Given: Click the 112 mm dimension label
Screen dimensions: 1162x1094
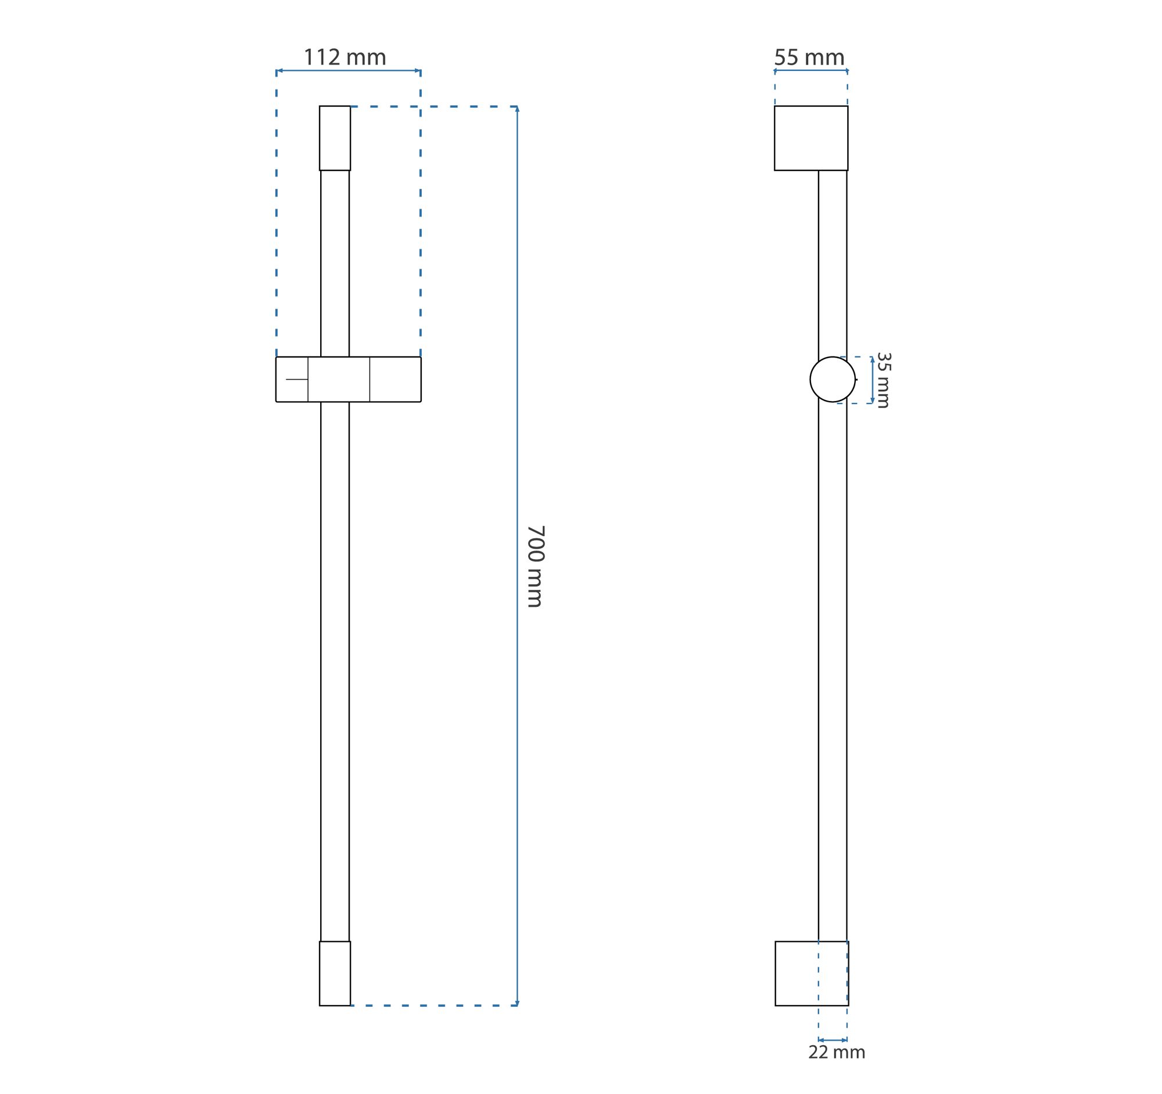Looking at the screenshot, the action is click(345, 58).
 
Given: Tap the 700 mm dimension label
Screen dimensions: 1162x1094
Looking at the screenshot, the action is click(536, 567).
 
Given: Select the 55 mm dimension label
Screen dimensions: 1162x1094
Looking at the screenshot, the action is click(809, 58).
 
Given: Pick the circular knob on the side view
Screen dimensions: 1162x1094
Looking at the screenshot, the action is click(833, 380).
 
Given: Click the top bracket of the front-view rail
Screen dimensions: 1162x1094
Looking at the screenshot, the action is click(335, 138).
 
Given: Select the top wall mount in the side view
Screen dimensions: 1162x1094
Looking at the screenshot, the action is click(811, 138).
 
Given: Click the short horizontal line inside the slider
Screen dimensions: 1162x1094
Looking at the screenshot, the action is click(297, 380).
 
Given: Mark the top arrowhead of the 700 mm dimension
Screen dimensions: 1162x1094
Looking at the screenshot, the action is click(517, 109).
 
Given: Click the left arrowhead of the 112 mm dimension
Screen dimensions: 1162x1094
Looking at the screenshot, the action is click(279, 71).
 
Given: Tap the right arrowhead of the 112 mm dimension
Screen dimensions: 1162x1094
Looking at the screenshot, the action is click(417, 71).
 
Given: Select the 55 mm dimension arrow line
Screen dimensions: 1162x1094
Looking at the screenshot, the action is click(811, 71).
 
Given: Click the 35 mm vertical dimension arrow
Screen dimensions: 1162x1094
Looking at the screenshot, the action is click(873, 380).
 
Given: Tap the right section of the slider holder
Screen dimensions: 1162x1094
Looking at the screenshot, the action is click(395, 380).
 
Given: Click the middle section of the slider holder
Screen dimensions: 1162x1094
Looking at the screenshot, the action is click(339, 380).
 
